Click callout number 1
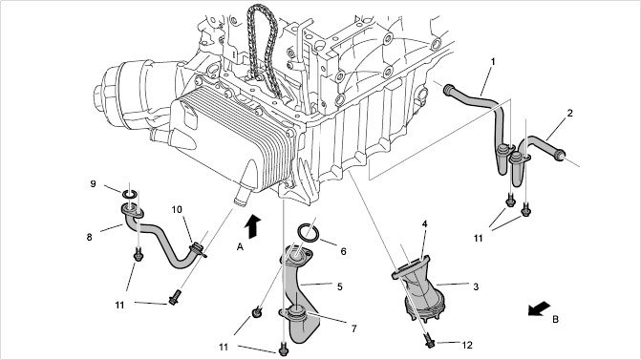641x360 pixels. pyautogui.click(x=493, y=62)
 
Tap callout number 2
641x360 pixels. pyautogui.click(x=570, y=114)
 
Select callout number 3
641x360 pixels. pyautogui.click(x=476, y=286)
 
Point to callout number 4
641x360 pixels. pyautogui.click(x=425, y=224)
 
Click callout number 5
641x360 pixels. pyautogui.click(x=340, y=286)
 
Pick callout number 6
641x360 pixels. pyautogui.click(x=343, y=252)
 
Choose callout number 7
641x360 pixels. pyautogui.click(x=354, y=328)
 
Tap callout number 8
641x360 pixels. pyautogui.click(x=89, y=237)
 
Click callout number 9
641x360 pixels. pyautogui.click(x=93, y=184)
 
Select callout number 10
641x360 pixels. pyautogui.click(x=177, y=210)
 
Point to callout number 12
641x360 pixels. pyautogui.click(x=467, y=346)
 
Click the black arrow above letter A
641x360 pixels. pyautogui.click(x=253, y=226)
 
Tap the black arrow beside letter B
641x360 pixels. pyautogui.click(x=539, y=309)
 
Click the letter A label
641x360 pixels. pyautogui.click(x=240, y=246)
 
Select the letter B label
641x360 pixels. pyautogui.click(x=555, y=319)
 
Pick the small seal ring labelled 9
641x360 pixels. pyautogui.click(x=130, y=193)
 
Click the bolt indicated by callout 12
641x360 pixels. pyautogui.click(x=429, y=340)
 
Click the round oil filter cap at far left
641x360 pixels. pyautogui.click(x=99, y=97)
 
